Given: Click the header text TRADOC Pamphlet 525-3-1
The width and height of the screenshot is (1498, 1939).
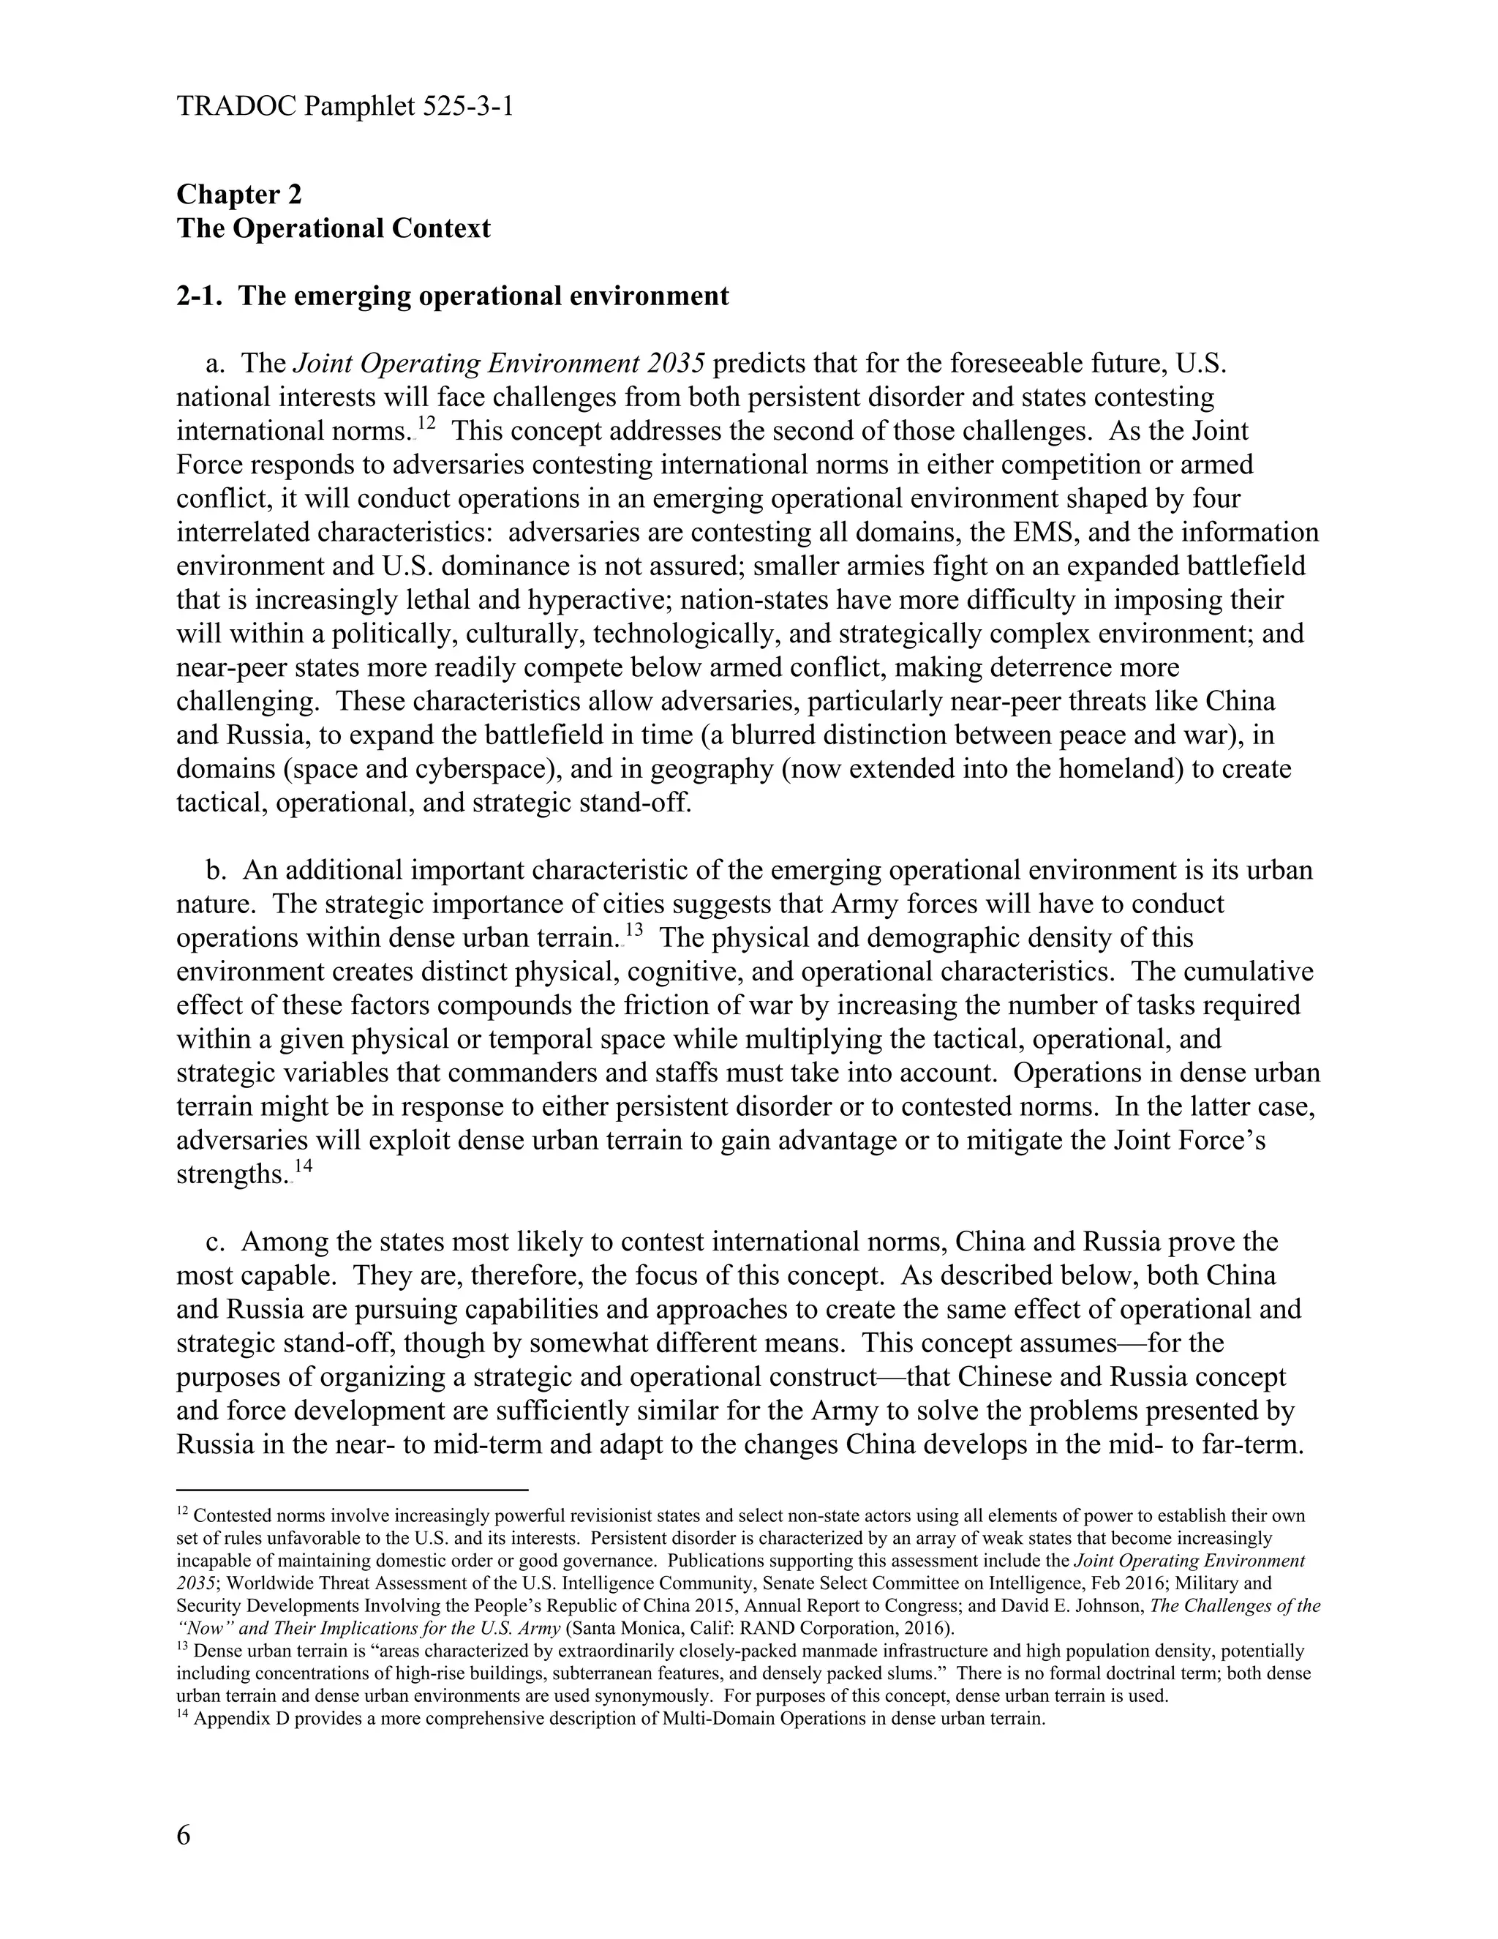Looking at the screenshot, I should pos(345,108).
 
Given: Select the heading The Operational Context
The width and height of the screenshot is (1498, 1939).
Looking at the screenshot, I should pos(333,228).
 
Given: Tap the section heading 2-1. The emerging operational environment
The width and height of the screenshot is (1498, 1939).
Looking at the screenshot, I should pos(453,296).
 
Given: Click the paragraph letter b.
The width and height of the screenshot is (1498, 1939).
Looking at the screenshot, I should pos(212,870).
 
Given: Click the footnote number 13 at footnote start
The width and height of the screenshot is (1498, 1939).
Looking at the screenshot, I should pos(183,1649).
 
